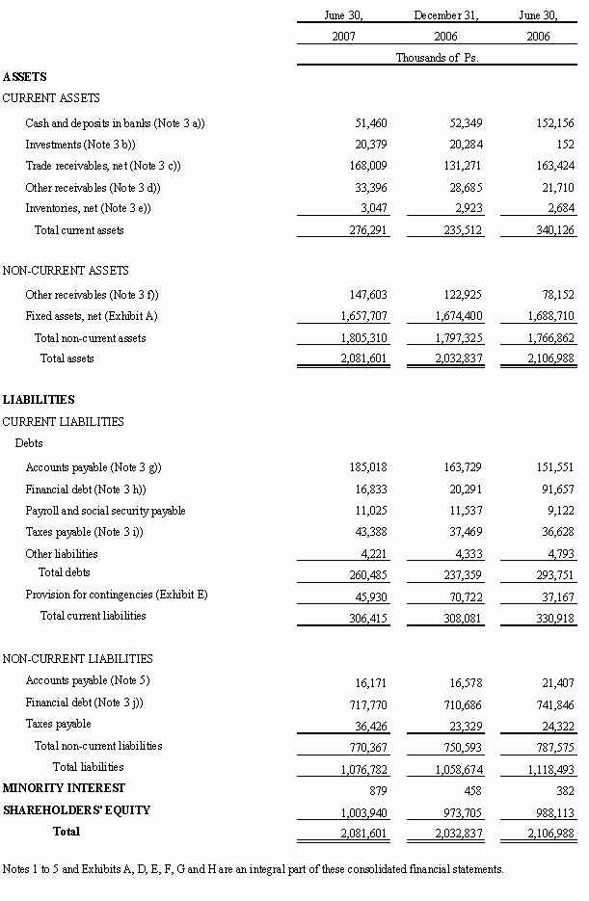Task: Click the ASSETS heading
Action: [25, 77]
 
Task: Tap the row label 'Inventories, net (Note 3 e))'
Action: [88, 208]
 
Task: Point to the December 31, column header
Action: [445, 15]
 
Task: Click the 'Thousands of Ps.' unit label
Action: [437, 58]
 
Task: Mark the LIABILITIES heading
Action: [39, 400]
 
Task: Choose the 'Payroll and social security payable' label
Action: [105, 511]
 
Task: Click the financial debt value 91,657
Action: [557, 490]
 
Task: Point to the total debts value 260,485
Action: [367, 575]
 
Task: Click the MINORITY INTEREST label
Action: [64, 788]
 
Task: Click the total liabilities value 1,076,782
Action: [362, 770]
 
